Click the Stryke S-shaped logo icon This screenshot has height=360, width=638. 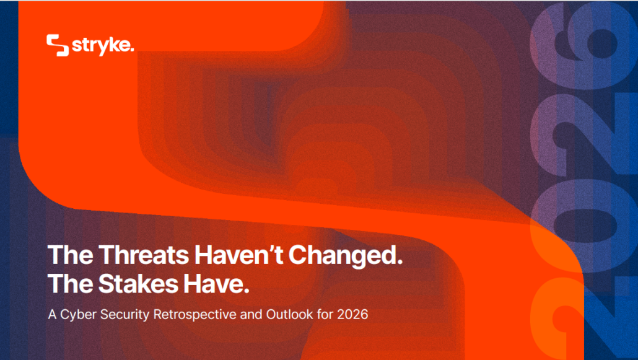click(x=58, y=45)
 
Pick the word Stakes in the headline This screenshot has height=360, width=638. click(x=138, y=284)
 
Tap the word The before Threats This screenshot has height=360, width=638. click(x=70, y=255)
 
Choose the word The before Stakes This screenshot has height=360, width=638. click(x=70, y=284)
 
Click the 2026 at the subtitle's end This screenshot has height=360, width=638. click(x=352, y=314)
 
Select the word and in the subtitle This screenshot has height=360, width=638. click(x=251, y=314)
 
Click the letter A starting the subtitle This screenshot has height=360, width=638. click(x=52, y=314)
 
